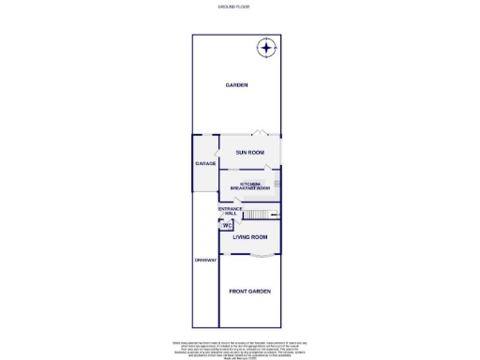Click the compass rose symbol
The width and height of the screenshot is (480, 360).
[267, 49]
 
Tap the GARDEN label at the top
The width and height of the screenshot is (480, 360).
[236, 85]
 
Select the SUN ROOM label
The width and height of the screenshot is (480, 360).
[249, 152]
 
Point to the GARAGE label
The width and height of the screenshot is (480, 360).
[205, 163]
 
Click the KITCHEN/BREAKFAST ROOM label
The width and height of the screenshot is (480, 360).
[249, 186]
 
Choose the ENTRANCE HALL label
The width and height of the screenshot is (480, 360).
[231, 211]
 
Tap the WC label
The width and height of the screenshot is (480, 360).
[227, 226]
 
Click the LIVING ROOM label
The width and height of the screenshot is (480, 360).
[250, 238]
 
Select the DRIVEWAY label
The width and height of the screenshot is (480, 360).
[205, 260]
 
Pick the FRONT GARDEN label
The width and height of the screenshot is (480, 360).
[250, 292]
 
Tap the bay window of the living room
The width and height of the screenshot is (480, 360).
[250, 256]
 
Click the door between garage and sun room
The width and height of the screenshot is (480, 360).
[218, 153]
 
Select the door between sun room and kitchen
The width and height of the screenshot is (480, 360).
[269, 168]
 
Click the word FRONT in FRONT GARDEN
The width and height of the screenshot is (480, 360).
[240, 292]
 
